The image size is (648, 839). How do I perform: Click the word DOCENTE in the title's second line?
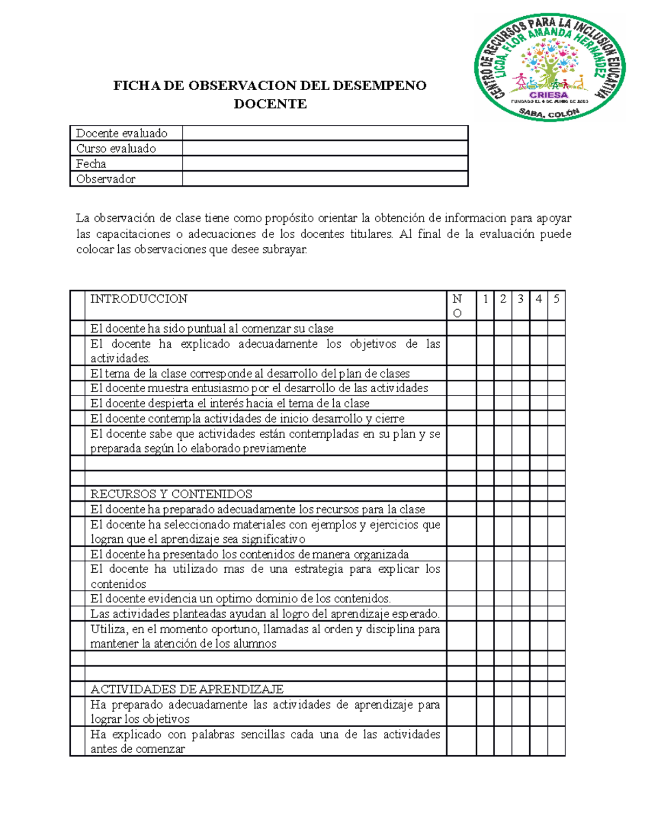point(270,104)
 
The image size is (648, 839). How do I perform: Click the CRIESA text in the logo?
point(550,95)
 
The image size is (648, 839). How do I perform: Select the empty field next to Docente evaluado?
point(325,133)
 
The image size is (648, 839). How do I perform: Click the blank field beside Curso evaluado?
point(325,149)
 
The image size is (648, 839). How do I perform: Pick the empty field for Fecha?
point(325,164)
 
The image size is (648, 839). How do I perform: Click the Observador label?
point(106,179)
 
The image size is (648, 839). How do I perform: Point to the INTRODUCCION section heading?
point(139,299)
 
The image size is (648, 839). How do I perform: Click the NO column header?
point(457,306)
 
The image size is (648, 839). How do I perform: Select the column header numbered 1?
point(485,299)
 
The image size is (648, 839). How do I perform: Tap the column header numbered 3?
point(521,299)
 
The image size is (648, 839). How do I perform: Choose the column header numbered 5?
point(556,299)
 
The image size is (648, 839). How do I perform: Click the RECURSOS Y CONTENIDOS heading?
point(171,494)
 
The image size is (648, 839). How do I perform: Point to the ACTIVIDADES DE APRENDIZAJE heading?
point(187,689)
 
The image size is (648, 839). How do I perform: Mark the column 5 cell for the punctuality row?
point(556,328)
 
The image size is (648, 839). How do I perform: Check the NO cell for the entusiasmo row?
point(461,388)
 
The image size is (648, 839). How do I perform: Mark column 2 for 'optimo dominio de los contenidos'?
point(503,599)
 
